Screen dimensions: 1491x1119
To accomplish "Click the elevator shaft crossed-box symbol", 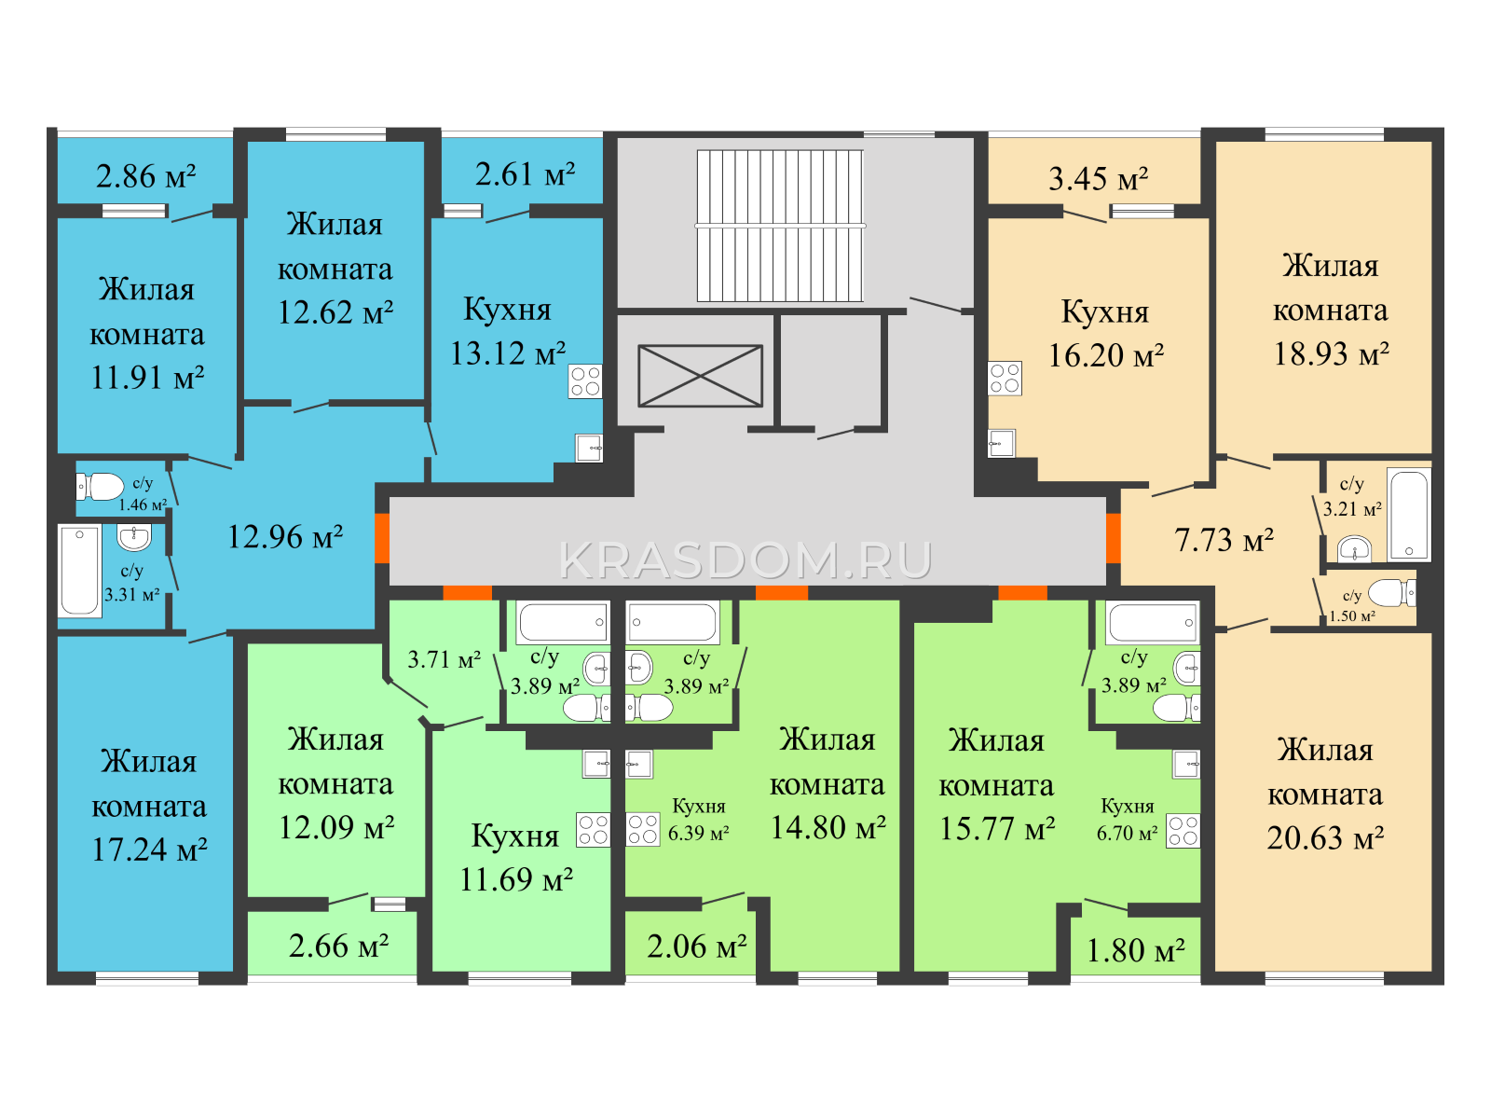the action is pyautogui.click(x=700, y=376).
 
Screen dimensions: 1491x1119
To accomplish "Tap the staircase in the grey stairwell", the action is pyautogui.click(x=780, y=226).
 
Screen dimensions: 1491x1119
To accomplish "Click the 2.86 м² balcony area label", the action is pyautogui.click(x=146, y=176).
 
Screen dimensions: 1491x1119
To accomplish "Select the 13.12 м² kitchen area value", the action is pyautogui.click(x=508, y=354).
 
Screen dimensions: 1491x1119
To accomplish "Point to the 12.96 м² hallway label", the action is pyautogui.click(x=284, y=537).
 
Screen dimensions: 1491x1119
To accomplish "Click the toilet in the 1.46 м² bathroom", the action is pyautogui.click(x=100, y=487).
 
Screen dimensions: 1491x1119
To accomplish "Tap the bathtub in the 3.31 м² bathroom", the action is pyautogui.click(x=80, y=571).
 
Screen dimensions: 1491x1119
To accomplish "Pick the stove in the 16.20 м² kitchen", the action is pyautogui.click(x=1005, y=379).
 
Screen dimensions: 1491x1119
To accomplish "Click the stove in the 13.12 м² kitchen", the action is pyautogui.click(x=585, y=381).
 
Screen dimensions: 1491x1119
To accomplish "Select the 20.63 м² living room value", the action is pyautogui.click(x=1325, y=837).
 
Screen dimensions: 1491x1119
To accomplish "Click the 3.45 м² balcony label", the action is pyautogui.click(x=1099, y=179).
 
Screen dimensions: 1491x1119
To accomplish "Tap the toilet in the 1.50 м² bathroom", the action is pyautogui.click(x=1392, y=592).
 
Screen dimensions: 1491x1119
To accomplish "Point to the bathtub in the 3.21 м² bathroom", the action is pyautogui.click(x=1409, y=515).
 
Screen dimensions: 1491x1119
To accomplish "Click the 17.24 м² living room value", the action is pyautogui.click(x=149, y=850).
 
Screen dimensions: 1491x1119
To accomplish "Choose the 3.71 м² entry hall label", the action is pyautogui.click(x=445, y=659).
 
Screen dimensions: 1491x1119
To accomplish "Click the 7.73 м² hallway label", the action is pyautogui.click(x=1224, y=540).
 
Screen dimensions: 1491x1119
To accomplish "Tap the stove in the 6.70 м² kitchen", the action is pyautogui.click(x=1183, y=831).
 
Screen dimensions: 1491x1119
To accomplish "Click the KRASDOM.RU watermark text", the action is pyautogui.click(x=745, y=561).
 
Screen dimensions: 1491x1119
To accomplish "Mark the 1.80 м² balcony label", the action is pyautogui.click(x=1136, y=950).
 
